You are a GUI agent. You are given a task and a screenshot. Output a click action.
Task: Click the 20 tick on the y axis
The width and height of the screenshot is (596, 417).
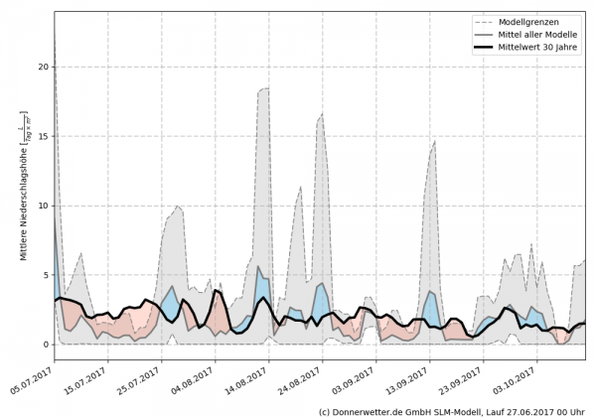[41, 67]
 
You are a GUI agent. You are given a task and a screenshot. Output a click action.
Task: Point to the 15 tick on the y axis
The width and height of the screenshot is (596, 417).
[41, 136]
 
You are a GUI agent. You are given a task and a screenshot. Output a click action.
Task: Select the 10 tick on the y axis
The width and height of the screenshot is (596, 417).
[41, 206]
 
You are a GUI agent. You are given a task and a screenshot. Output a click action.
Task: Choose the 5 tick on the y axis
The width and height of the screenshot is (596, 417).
[44, 275]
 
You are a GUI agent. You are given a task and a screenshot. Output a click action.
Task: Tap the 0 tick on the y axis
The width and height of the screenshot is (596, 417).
[44, 345]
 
